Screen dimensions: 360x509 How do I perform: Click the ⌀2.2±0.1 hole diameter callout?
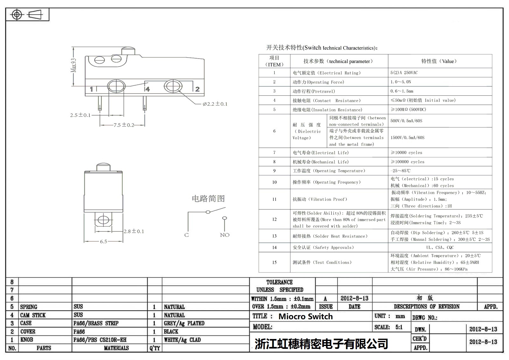click(215, 104)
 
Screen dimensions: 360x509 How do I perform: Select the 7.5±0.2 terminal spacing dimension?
click(124, 125)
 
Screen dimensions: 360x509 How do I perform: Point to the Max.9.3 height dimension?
click(73, 65)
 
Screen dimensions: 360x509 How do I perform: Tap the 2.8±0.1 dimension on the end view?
click(134, 231)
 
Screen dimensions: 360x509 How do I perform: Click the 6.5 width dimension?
click(103, 241)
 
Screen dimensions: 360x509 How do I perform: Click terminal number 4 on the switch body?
click(147, 89)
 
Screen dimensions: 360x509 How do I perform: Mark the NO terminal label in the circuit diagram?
click(225, 235)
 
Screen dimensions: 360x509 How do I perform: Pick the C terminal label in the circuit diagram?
click(186, 235)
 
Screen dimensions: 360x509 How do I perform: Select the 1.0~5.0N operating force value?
click(401, 82)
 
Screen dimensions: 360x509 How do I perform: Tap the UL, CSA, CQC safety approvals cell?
click(440, 247)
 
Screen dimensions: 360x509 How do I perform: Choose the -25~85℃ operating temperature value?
click(401, 171)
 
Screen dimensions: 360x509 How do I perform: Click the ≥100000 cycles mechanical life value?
click(408, 162)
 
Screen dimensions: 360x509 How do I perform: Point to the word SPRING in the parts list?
click(29, 307)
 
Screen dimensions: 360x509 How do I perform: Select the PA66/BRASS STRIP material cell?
click(96, 323)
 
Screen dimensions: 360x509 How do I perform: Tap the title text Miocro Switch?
click(305, 316)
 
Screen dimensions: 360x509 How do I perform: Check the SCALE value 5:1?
click(399, 327)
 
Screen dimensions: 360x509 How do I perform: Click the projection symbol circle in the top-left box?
click(17, 15)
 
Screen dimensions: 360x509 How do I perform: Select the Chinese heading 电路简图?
click(208, 199)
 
